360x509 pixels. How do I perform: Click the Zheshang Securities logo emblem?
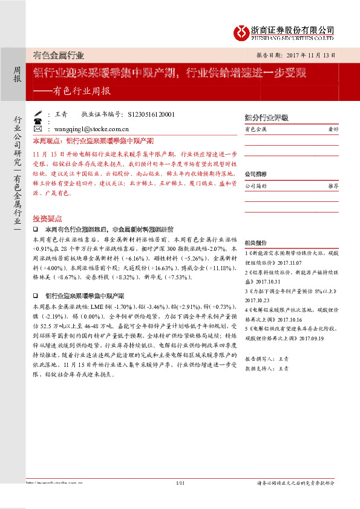pyautogui.click(x=243, y=30)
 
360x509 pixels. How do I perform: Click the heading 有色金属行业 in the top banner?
pyautogui.click(x=59, y=55)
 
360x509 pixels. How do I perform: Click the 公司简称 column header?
pyautogui.click(x=256, y=187)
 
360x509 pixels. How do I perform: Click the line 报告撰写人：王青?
pyautogui.click(x=267, y=358)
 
